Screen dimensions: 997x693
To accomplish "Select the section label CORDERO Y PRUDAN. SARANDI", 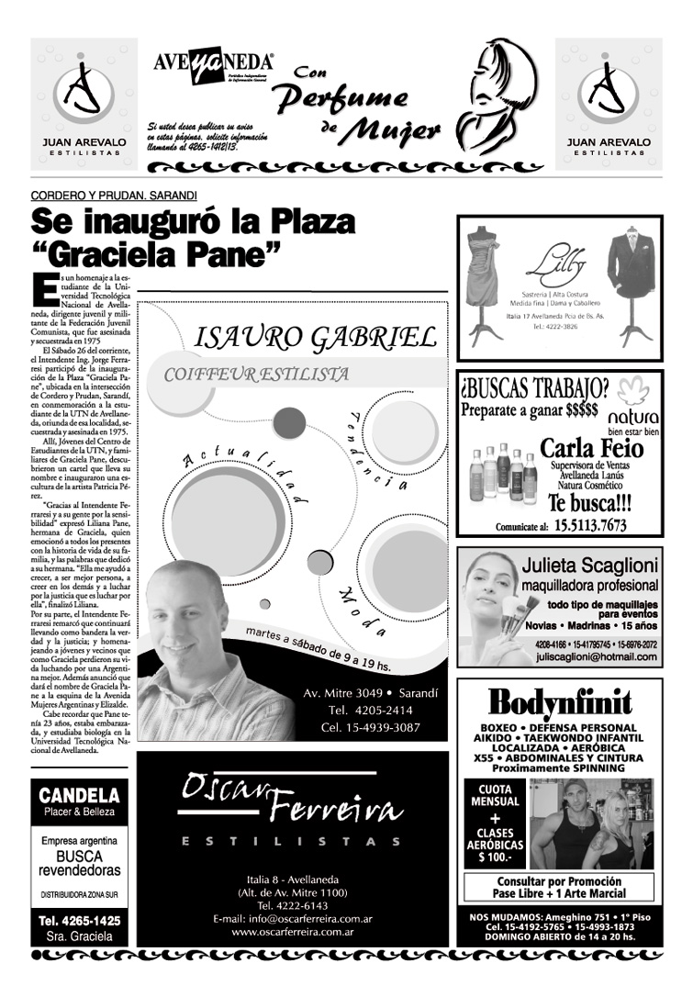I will coord(114,196).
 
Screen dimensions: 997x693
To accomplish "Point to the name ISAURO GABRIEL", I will coord(315,337).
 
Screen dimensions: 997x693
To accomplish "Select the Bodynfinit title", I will coord(559,704).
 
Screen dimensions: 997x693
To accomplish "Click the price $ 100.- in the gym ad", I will coord(494,858).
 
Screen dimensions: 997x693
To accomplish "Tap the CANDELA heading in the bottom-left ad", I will coord(79,795).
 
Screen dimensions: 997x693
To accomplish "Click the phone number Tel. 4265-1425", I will coord(79,920).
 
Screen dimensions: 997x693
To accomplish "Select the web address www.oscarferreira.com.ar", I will coord(293,932).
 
